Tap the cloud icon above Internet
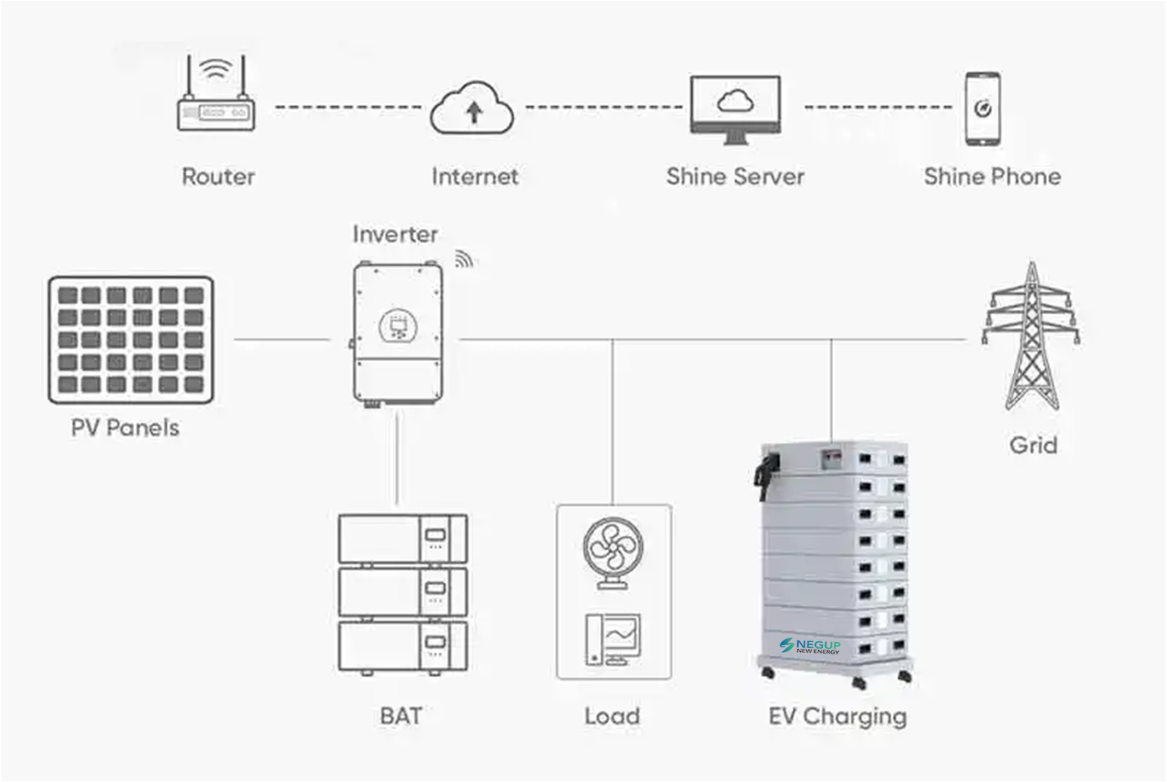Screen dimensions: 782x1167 [473, 109]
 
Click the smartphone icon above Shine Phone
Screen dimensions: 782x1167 [982, 108]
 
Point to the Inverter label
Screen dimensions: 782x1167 [395, 234]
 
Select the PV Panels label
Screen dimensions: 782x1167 [125, 428]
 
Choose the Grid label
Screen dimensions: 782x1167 [1033, 445]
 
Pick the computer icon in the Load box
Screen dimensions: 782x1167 [614, 638]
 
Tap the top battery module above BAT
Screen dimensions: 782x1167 [402, 538]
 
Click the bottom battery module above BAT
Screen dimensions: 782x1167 [402, 646]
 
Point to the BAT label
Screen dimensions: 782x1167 [401, 715]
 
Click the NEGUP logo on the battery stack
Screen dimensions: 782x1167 [810, 646]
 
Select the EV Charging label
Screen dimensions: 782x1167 [838, 716]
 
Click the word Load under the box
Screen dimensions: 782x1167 [612, 716]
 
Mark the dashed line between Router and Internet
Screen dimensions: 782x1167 [348, 108]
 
